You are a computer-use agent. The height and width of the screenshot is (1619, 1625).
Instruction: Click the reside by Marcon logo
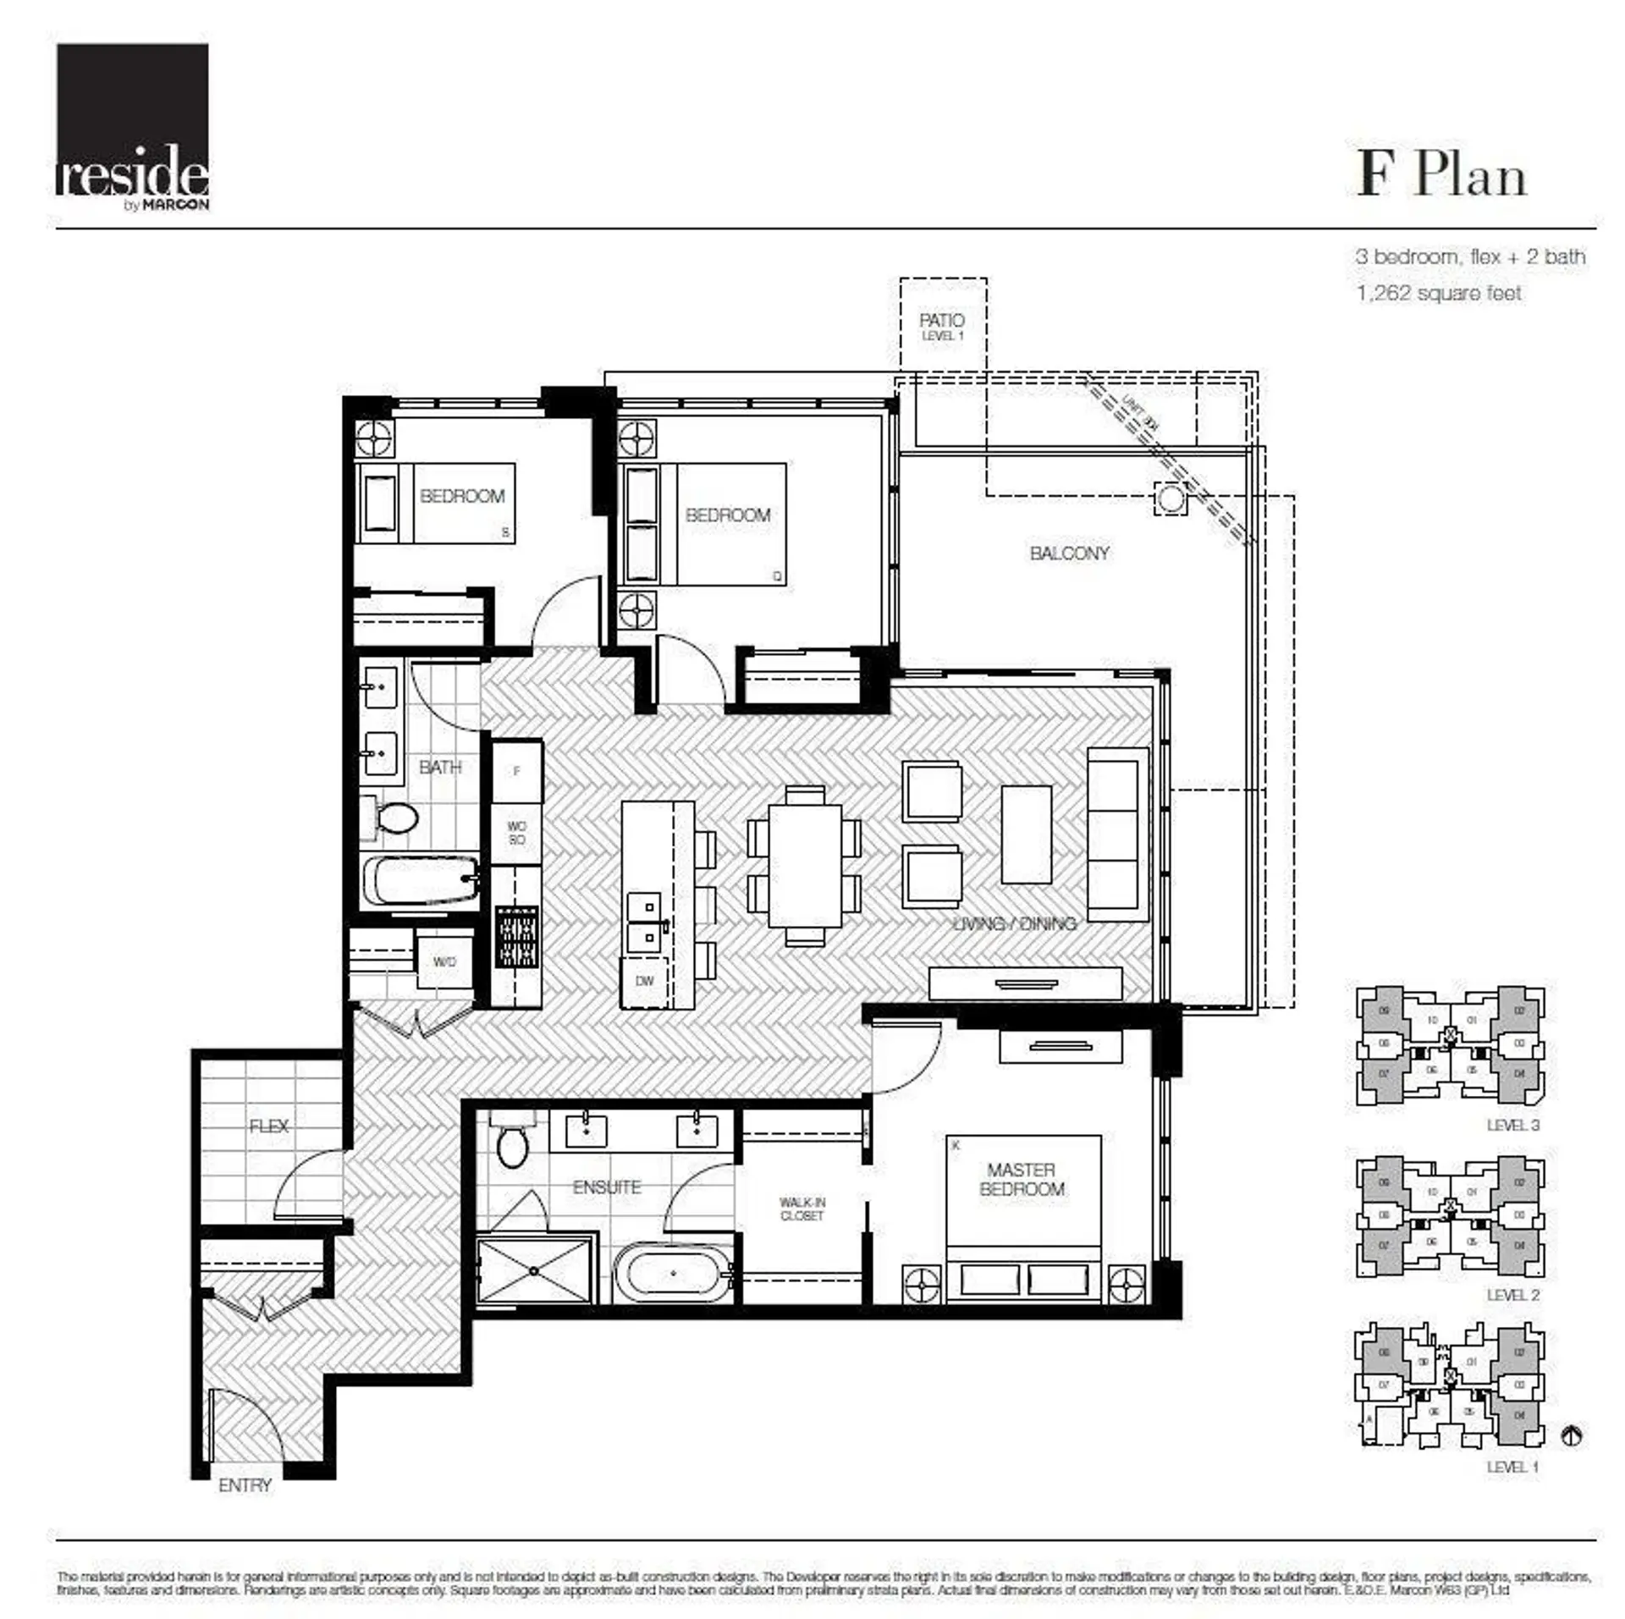132,127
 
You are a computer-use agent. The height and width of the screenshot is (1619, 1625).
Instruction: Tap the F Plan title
1441,175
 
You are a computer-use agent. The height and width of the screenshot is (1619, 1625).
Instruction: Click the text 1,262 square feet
1438,293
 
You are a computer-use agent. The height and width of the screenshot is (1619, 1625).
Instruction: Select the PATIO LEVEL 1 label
942,325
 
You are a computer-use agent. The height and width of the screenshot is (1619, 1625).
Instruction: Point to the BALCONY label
1069,553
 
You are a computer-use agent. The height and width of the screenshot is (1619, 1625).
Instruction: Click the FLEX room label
268,1126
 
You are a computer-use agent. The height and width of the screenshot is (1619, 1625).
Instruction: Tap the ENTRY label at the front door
245,1485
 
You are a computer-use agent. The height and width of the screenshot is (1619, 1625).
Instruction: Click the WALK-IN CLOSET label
801,1209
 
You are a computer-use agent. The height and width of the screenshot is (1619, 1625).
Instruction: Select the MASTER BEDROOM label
1021,1179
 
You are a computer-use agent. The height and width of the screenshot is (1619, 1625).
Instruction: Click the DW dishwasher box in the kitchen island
644,981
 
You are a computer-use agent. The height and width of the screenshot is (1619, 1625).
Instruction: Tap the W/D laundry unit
444,961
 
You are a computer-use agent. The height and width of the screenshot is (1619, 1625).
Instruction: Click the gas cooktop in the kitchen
516,937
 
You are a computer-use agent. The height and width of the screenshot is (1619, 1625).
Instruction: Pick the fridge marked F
516,771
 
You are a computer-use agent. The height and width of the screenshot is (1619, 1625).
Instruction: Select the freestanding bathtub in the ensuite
673,1274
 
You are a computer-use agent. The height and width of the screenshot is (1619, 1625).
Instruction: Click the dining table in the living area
804,866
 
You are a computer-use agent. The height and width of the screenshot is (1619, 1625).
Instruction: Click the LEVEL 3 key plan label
1512,1125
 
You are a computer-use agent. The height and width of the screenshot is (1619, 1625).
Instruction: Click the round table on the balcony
1171,498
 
